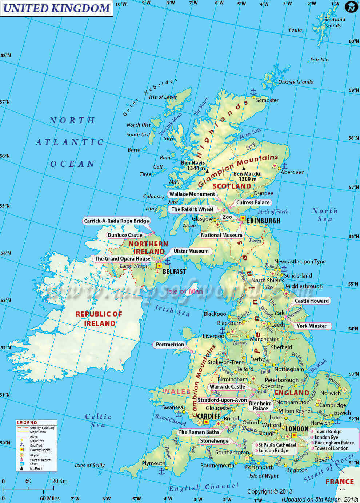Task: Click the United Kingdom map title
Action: [56, 8]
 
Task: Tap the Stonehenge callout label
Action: [214, 441]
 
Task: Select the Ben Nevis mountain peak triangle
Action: [207, 170]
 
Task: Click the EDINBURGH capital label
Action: [263, 221]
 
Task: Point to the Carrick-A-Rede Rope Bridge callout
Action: [116, 221]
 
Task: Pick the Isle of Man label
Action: [185, 291]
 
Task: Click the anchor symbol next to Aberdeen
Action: [285, 166]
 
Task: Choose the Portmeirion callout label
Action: [170, 344]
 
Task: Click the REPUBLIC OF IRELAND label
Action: [99, 319]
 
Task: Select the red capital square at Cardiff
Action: [206, 422]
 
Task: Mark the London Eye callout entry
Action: [326, 437]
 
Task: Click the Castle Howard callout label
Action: [312, 301]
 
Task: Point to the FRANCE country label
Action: [339, 482]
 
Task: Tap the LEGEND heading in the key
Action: [27, 423]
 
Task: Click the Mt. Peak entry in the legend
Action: [36, 468]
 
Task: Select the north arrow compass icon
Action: [351, 7]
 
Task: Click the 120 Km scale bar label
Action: [58, 481]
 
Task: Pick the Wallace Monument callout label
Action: [192, 194]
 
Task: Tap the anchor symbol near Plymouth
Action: [161, 471]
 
